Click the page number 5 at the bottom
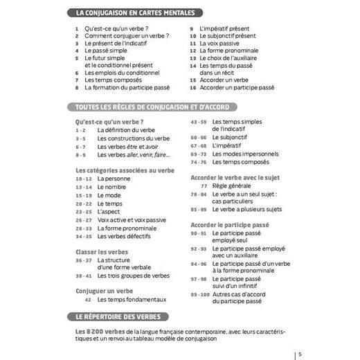pos(300,354)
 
